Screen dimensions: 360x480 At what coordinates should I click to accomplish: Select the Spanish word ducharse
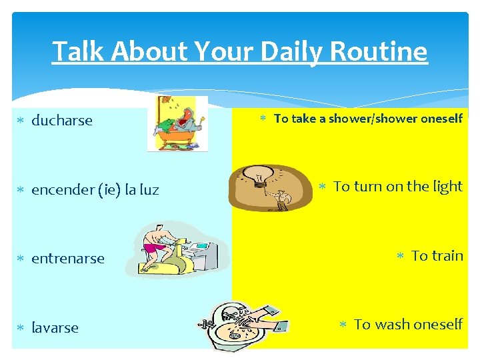(62, 121)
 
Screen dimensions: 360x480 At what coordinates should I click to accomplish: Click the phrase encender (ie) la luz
(95, 190)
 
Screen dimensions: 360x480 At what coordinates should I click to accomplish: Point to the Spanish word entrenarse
(68, 259)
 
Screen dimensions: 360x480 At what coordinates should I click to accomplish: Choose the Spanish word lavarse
(55, 328)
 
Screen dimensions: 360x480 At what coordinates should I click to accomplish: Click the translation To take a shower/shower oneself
(368, 119)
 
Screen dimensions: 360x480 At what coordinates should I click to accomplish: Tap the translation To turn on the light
(397, 187)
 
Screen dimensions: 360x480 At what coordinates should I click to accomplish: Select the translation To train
(437, 255)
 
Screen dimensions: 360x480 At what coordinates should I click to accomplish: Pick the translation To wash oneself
(408, 325)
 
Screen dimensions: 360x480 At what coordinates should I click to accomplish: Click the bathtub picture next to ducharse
(177, 125)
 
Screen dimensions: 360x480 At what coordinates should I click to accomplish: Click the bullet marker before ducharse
(21, 121)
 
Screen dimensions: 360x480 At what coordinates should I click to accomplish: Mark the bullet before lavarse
(21, 329)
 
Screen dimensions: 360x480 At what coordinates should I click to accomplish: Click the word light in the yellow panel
(446, 187)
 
